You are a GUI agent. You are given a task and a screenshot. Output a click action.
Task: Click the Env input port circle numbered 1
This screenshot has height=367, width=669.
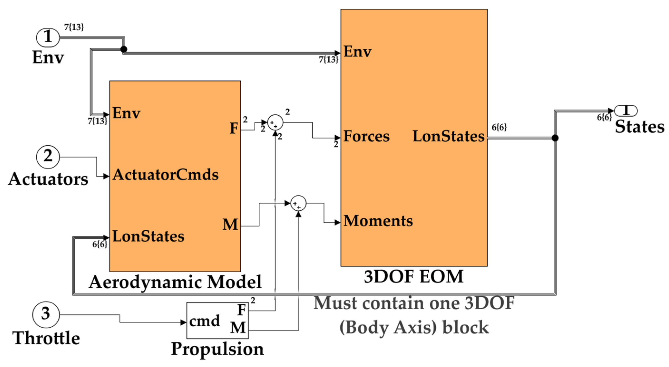tap(48, 37)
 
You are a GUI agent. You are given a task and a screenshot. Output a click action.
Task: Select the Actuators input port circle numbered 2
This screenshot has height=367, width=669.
tap(48, 157)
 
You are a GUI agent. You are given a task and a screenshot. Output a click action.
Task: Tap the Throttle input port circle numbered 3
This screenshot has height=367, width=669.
tap(46, 314)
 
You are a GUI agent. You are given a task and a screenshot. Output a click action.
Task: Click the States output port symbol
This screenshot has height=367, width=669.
tap(626, 111)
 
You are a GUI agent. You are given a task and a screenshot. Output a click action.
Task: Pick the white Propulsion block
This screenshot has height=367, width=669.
tap(217, 320)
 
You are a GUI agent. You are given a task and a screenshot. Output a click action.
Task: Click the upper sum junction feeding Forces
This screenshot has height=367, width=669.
tap(275, 122)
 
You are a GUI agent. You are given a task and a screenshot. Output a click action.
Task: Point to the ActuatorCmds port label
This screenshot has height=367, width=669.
tap(165, 174)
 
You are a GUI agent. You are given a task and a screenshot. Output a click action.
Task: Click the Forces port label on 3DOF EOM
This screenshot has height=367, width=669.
tap(366, 136)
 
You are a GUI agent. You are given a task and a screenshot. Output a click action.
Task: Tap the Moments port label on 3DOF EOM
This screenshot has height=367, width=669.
tap(378, 221)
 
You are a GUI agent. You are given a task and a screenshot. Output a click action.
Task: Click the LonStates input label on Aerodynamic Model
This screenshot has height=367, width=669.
tap(148, 236)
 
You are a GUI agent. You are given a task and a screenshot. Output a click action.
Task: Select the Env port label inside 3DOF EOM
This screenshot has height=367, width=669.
tap(357, 52)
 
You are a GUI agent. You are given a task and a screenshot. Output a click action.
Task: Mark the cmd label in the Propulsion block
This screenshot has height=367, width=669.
tap(204, 321)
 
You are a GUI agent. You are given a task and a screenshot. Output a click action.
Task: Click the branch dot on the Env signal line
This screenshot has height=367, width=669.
tap(124, 49)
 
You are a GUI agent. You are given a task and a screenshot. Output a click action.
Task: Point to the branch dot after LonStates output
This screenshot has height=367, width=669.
tap(555, 138)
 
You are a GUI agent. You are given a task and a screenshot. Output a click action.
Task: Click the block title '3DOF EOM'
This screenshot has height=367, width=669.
tap(414, 277)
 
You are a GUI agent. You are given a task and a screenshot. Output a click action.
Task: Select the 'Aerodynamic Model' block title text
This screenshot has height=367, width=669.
tap(175, 282)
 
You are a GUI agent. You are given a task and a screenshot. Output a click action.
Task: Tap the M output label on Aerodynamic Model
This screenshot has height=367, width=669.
tap(230, 224)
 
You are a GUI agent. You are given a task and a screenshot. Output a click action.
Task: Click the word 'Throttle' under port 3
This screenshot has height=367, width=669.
tap(46, 338)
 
